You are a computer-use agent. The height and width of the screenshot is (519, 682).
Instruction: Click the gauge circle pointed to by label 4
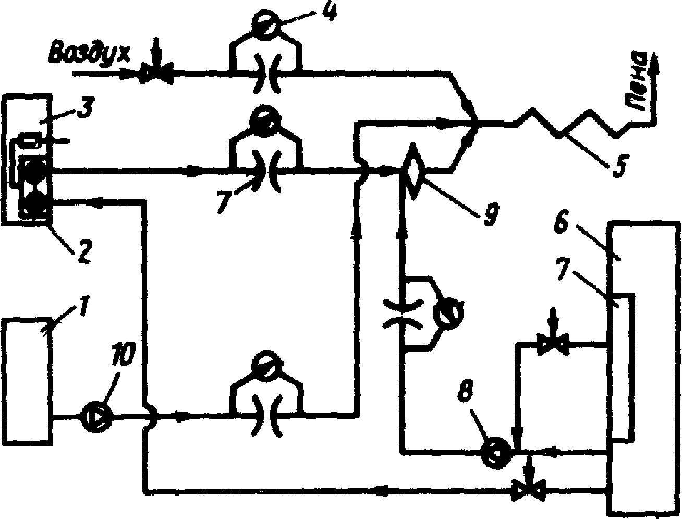click(265, 25)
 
